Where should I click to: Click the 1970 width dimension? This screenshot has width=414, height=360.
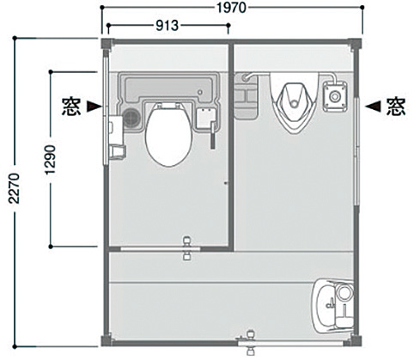(231, 8)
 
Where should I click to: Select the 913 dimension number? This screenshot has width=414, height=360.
(167, 26)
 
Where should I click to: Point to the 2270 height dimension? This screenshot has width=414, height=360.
(14, 188)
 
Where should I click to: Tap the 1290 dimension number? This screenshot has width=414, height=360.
(51, 160)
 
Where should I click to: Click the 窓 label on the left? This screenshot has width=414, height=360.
(71, 107)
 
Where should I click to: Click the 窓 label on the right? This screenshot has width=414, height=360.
(396, 107)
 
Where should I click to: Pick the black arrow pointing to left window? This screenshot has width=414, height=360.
(94, 107)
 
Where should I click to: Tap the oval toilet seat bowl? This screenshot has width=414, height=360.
(168, 135)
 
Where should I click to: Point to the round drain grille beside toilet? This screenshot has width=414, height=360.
(132, 118)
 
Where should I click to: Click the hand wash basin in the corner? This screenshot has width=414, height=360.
(332, 305)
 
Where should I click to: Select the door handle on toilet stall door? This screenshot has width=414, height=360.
(187, 248)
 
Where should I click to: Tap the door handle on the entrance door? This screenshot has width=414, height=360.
(250, 342)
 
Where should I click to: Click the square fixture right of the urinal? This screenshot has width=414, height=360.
(335, 96)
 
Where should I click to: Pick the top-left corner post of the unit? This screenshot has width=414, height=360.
(107, 44)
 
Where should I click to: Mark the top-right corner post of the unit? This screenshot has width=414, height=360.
(356, 44)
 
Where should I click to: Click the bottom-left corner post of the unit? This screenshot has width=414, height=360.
(107, 341)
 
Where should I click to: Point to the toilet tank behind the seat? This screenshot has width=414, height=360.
(168, 88)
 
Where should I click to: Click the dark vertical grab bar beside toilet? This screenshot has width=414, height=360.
(213, 135)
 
